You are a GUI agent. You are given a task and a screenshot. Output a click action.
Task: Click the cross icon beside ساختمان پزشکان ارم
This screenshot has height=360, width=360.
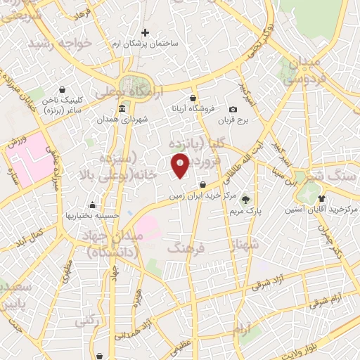click(146, 32)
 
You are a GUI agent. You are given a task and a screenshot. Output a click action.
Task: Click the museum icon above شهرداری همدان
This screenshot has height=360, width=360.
click(122, 109)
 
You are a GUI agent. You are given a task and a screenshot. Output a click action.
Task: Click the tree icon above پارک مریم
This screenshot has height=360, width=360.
click(245, 198)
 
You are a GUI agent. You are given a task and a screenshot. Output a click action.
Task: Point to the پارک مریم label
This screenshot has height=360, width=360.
click(245, 210)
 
